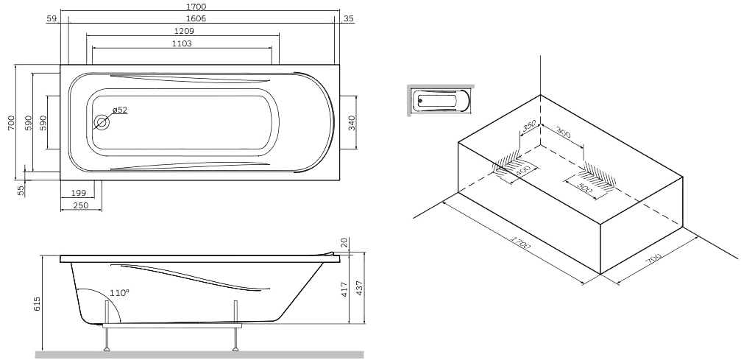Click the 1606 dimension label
pyautogui.click(x=196, y=18)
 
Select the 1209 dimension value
pyautogui.click(x=184, y=31)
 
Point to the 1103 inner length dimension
pyautogui.click(x=182, y=43)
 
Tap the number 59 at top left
pyautogui.click(x=52, y=19)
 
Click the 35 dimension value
pyautogui.click(x=349, y=19)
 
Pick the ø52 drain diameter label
pyautogui.click(x=119, y=110)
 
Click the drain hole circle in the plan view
pyautogui.click(x=102, y=122)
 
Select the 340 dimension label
pyautogui.click(x=351, y=122)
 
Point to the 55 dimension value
pyautogui.click(x=21, y=190)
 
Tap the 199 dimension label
pyautogui.click(x=78, y=193)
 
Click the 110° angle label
pyautogui.click(x=119, y=293)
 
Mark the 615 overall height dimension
pyautogui.click(x=38, y=303)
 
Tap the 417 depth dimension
pyautogui.click(x=344, y=289)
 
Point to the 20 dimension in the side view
pyautogui.click(x=344, y=243)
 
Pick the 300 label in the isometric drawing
pyautogui.click(x=564, y=133)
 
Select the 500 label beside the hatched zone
pyautogui.click(x=585, y=188)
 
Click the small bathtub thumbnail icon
pyautogui.click(x=441, y=100)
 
